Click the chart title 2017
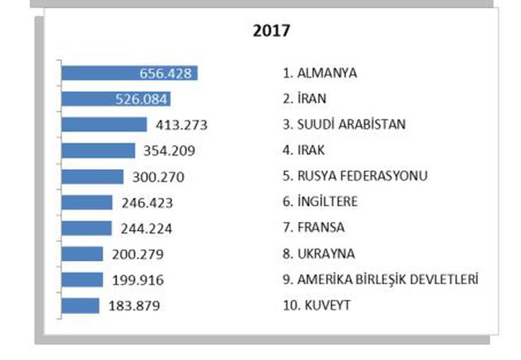pyautogui.click(x=272, y=32)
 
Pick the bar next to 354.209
pyautogui.click(x=98, y=151)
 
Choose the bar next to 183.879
pyautogui.click(x=81, y=306)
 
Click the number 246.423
pyautogui.click(x=148, y=203)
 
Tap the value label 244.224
pyautogui.click(x=147, y=228)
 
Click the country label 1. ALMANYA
pyautogui.click(x=319, y=74)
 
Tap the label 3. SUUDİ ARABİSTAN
pyautogui.click(x=343, y=124)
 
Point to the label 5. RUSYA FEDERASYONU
pyautogui.click(x=355, y=176)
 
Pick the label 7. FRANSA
pyautogui.click(x=313, y=228)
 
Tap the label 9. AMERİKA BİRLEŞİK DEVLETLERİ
pyautogui.click(x=380, y=279)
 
